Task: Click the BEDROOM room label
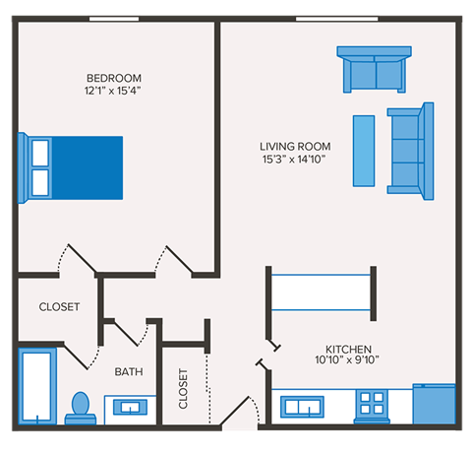tap(114, 79)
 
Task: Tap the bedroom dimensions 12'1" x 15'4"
tap(114, 92)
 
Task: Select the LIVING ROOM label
tap(294, 146)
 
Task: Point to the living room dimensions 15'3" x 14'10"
tap(294, 159)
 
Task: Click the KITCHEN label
tap(349, 349)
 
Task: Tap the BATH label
tap(129, 371)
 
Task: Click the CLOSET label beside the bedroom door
tap(59, 307)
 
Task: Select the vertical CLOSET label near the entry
tap(184, 388)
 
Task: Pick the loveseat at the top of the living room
tap(373, 68)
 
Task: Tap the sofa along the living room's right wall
tap(409, 148)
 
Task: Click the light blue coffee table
tap(364, 150)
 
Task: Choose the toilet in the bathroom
tap(82, 408)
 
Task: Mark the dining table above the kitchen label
tap(322, 291)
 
